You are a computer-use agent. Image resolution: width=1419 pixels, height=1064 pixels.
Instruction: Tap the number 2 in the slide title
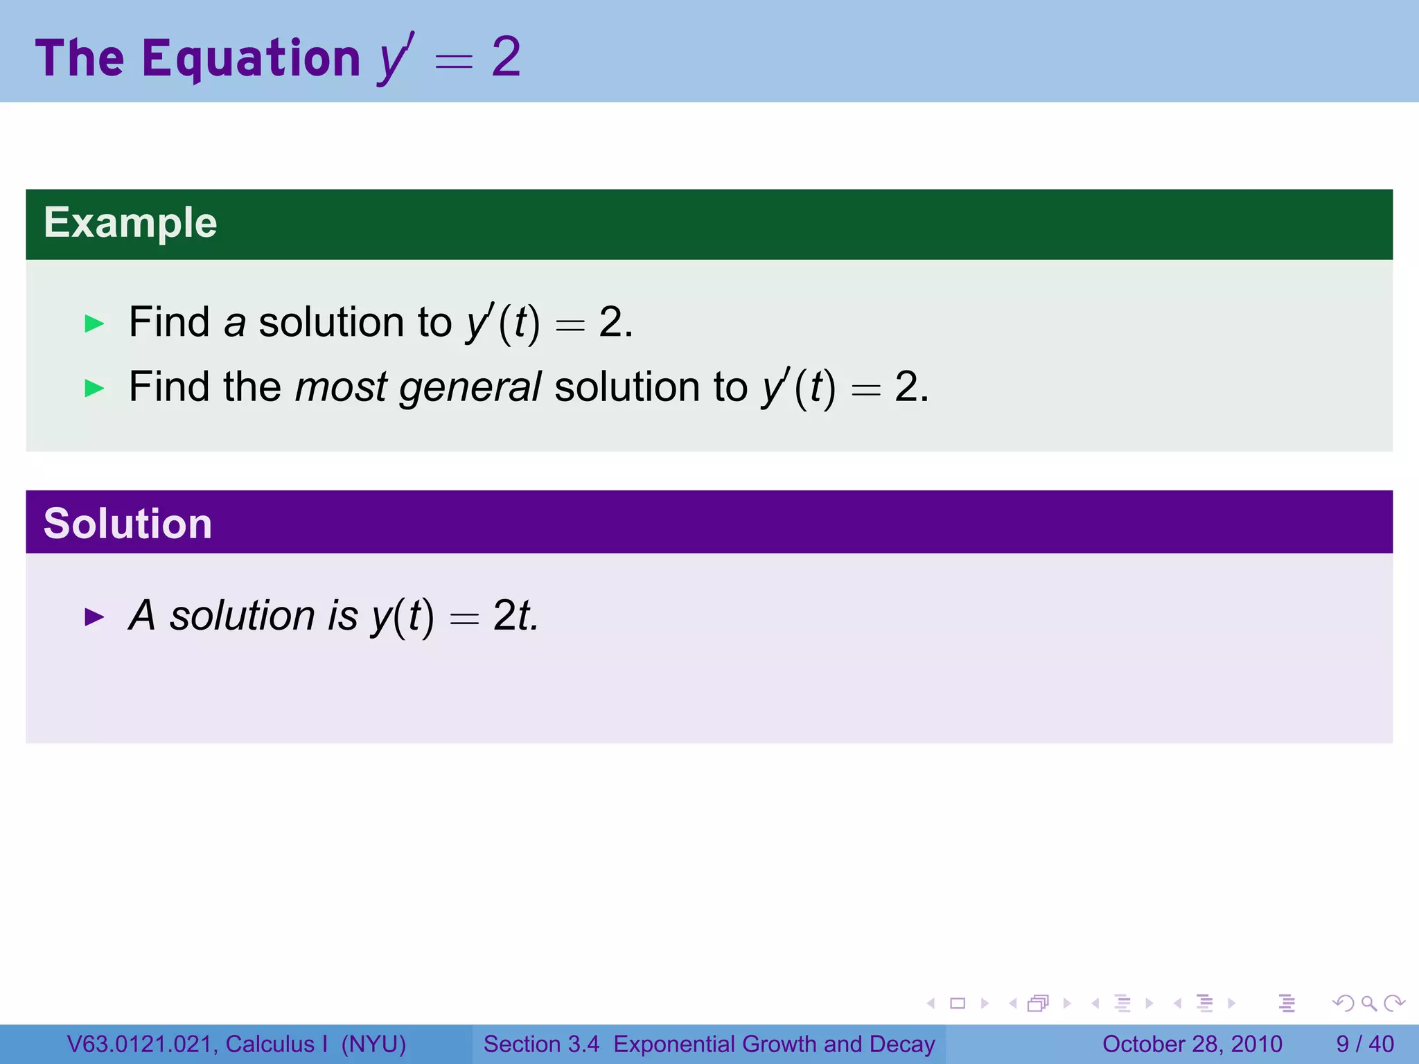506,57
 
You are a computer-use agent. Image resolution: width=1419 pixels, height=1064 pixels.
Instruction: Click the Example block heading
130,223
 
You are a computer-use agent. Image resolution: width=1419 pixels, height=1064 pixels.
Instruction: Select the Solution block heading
127,524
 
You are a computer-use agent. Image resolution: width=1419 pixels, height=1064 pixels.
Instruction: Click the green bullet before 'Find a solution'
94,323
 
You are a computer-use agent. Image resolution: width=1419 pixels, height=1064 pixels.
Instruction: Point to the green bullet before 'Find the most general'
94,388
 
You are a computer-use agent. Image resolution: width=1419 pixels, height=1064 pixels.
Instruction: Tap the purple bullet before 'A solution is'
94,617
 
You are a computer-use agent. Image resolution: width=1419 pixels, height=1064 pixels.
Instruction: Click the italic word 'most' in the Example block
340,387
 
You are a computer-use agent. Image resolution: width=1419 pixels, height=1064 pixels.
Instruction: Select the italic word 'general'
470,387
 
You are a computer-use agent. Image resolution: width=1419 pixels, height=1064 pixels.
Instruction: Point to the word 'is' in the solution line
343,615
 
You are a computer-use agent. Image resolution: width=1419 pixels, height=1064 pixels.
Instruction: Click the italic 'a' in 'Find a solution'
235,323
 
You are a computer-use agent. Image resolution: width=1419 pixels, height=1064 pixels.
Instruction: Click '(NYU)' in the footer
373,1044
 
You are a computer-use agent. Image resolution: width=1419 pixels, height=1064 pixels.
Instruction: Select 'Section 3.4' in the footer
541,1044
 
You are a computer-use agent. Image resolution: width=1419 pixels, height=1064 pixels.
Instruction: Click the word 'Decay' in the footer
902,1044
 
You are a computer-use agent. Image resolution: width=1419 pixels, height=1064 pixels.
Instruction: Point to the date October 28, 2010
1192,1044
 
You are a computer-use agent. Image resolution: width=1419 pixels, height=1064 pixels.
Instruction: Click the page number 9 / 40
1365,1044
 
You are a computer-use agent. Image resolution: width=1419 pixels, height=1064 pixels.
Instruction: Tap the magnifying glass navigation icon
1368,1003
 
